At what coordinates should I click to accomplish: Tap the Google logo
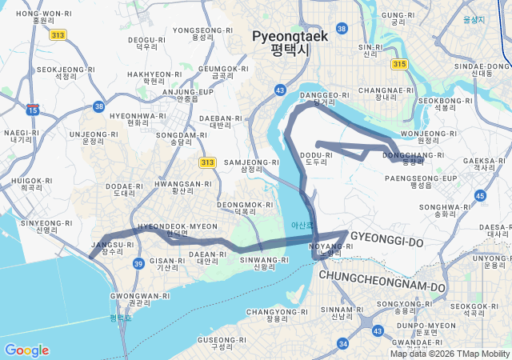[26, 350]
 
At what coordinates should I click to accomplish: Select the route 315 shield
[400, 64]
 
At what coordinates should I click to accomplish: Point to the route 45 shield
[480, 195]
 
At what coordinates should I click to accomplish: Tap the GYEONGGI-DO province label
[386, 240]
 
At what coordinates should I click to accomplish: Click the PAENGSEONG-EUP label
[432, 181]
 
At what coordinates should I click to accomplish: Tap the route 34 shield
[343, 343]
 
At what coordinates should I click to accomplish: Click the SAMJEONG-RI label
[251, 165]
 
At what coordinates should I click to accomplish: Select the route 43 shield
[280, 90]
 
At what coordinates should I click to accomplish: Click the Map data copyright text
[450, 354]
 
